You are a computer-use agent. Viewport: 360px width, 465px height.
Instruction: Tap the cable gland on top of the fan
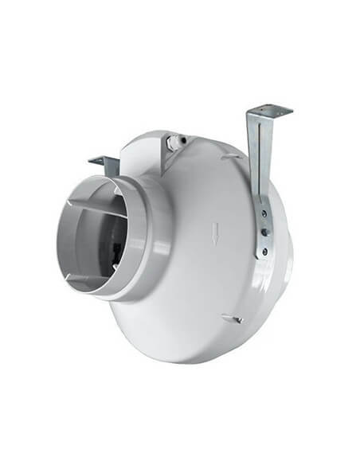174,144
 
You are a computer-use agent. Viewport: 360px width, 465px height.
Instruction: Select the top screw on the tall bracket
262,213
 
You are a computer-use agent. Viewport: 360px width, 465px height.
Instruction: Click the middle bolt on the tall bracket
264,232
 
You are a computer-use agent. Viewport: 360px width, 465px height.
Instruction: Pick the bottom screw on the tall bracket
264,252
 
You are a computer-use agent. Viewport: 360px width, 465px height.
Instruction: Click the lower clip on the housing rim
232,319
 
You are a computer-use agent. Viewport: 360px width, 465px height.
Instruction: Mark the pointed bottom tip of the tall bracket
258,259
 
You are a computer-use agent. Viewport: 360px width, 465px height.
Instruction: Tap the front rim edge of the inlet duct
62,239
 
